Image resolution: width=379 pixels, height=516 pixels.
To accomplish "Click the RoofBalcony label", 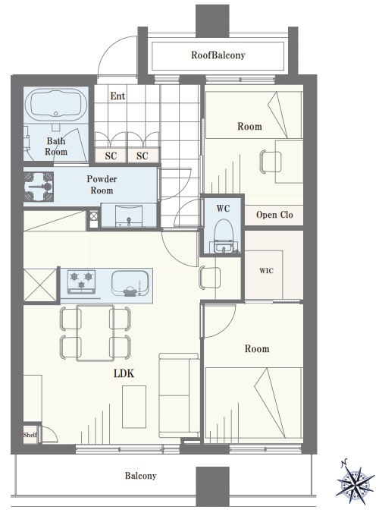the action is pos(218,55).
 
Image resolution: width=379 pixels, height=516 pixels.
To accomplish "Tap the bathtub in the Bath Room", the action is pos(56,103).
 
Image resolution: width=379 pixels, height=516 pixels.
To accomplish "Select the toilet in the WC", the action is pos(224,236).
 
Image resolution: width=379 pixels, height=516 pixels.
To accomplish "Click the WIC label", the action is pos(266,270).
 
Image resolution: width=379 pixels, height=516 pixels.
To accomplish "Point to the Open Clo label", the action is pos(274,215).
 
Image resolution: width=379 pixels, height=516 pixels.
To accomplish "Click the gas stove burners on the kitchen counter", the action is pos(81,282).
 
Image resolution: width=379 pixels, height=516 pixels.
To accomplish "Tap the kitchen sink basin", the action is pos(130,283).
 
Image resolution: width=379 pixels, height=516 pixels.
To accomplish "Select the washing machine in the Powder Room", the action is pos(39,186).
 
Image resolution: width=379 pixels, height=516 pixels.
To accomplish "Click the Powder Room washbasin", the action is pos(129,216).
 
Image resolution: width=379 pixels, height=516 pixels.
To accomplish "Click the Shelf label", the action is pos(30,435).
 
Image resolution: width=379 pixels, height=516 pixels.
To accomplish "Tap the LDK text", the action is pos(124,373).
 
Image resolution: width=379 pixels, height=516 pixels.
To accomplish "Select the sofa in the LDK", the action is pos(179,395).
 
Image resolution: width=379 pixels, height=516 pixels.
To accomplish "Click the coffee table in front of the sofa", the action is pos(134,407).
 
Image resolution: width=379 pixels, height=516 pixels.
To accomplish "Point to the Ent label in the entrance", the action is pos(117,96).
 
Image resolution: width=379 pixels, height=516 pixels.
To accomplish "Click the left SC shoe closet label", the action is pos(111,156).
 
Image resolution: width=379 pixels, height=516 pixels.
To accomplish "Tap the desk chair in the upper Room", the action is pos(270,161).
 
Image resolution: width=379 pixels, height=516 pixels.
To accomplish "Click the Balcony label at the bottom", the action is pos(140,476).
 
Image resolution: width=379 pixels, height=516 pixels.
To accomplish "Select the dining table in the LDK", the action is pos(95,332).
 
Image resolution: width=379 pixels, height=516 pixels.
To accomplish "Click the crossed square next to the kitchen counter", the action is pos(40,285).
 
